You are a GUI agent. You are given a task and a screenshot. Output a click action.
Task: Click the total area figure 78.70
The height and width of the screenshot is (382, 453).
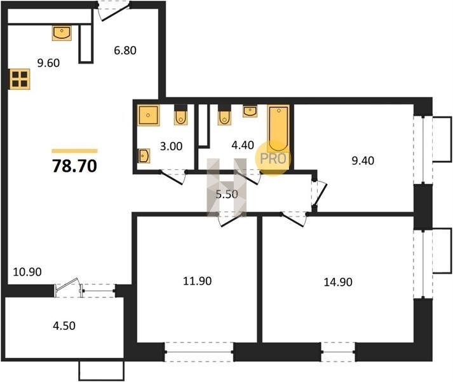74,166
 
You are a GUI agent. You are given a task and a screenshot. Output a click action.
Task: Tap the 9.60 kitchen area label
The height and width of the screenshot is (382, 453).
48,63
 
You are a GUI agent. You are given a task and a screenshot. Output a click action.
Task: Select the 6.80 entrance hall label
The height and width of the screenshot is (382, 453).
125,50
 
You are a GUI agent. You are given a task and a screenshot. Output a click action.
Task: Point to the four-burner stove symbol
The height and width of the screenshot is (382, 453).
20,79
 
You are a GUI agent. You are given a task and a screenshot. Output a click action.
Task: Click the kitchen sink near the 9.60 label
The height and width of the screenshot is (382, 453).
62,33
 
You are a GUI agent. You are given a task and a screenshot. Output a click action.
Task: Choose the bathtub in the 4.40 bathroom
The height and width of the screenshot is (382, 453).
278,129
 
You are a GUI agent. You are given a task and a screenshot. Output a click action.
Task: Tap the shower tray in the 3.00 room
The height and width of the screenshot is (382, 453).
149,115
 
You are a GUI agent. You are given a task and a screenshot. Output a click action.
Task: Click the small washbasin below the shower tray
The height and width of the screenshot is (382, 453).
144,157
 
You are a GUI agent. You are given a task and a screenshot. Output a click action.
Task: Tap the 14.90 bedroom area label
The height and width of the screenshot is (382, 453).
338,282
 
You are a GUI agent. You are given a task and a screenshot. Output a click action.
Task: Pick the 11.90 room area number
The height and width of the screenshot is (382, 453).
198,281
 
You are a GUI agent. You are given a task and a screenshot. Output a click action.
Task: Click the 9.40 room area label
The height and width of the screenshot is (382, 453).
363,160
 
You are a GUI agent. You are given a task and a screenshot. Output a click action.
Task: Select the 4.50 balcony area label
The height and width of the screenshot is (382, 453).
64,326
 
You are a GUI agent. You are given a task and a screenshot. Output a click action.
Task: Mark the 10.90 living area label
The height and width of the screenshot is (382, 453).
27,272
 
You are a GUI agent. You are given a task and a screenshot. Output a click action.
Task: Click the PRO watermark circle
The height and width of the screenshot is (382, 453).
273,158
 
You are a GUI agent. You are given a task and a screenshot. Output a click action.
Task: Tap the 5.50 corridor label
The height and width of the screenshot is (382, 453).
227,194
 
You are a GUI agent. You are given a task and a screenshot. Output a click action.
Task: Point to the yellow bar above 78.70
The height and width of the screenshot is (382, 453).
74,151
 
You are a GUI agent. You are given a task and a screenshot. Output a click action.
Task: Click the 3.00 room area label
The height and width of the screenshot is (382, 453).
171,146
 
